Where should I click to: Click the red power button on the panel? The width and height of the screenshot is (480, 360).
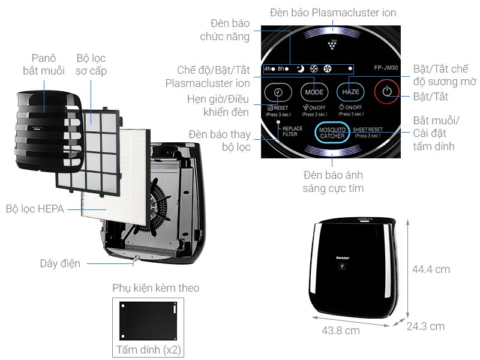tap(387, 92)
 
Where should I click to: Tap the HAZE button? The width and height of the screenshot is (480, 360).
tap(351, 92)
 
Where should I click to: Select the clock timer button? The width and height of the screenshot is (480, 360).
tap(278, 92)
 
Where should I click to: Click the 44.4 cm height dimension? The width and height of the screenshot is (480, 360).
tap(431, 269)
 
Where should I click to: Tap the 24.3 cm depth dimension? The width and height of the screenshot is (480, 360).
tap(425, 326)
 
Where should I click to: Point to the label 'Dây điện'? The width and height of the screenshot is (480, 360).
tap(60, 263)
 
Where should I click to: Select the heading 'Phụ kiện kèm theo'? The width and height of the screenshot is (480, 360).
tap(156, 288)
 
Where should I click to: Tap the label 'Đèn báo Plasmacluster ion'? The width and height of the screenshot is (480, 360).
tap(333, 12)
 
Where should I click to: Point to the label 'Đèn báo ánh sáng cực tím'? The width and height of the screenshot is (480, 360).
tap(333, 181)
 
